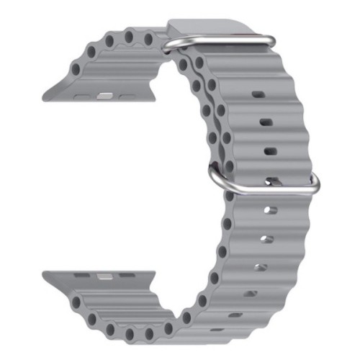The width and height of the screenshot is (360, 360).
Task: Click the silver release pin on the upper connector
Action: (105, 94)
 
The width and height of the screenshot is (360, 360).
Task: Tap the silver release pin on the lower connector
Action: (105, 276)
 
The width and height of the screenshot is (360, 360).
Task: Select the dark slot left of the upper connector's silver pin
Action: (83, 94)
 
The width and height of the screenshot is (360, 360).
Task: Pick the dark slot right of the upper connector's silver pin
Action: (127, 94)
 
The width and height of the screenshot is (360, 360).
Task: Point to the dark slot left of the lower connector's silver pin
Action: (83, 275)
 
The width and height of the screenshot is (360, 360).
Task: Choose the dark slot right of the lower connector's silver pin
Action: (127, 276)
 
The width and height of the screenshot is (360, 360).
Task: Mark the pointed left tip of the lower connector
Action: (45, 274)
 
